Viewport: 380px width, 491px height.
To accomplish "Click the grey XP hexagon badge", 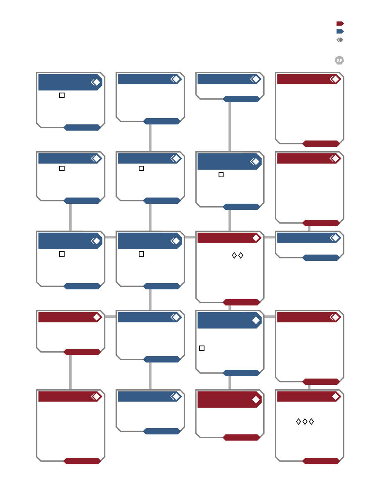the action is [x=339, y=60].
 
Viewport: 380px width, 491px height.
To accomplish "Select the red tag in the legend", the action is [x=340, y=24].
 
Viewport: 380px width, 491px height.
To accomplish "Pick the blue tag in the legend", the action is [x=340, y=31].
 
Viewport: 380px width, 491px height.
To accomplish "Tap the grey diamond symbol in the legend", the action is [x=340, y=40].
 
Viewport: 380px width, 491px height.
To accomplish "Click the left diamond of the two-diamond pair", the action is [x=234, y=255].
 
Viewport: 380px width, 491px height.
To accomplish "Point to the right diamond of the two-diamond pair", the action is [x=241, y=255].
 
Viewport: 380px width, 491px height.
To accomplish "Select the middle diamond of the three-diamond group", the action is [x=305, y=422].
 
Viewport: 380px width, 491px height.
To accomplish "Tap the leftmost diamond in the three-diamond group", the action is [x=298, y=422].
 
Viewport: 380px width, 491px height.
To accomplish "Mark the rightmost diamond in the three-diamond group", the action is [x=311, y=422].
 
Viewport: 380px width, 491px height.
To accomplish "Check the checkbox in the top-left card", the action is [x=62, y=95].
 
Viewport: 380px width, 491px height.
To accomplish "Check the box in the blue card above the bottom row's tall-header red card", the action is [x=202, y=348].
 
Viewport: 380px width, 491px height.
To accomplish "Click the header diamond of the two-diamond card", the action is [x=256, y=238].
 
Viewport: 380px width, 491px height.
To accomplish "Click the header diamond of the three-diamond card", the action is [x=335, y=397].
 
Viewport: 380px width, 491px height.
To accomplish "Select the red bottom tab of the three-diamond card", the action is [x=321, y=461].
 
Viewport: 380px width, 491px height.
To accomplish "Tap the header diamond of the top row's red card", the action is [x=335, y=79].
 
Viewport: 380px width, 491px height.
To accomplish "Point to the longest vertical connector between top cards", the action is [x=230, y=127].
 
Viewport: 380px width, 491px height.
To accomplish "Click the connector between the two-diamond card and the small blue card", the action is [x=269, y=237].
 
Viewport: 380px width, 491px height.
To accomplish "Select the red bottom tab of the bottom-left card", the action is [x=82, y=461].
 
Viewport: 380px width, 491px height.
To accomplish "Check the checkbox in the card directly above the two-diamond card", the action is [x=221, y=175].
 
